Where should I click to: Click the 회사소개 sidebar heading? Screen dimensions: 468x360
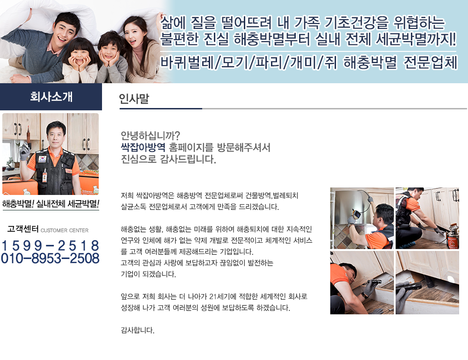click(x=51, y=97)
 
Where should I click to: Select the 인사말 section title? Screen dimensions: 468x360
click(x=134, y=99)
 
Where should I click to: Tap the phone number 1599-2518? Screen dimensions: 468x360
click(x=50, y=245)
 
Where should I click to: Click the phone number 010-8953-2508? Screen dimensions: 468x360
click(x=50, y=258)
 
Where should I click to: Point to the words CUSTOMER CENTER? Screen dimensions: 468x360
click(x=65, y=230)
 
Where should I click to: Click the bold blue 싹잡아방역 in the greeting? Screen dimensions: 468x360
click(x=143, y=147)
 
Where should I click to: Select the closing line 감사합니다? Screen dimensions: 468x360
click(x=138, y=330)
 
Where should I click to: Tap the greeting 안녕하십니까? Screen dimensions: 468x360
click(x=150, y=136)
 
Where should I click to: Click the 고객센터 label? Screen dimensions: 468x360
click(x=23, y=229)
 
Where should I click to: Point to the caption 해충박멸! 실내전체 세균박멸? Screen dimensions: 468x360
click(x=51, y=204)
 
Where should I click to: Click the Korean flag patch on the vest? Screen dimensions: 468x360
click(x=42, y=158)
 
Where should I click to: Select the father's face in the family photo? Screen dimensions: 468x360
click(x=66, y=30)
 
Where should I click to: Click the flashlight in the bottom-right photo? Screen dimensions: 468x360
click(x=413, y=287)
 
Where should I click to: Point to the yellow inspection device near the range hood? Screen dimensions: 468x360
click(x=356, y=215)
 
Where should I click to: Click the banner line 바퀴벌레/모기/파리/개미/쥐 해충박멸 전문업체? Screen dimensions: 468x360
click(x=308, y=63)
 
